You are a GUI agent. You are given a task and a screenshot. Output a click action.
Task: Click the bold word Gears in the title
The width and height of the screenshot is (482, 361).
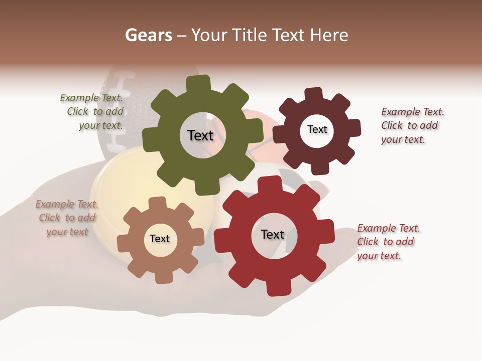click(x=149, y=35)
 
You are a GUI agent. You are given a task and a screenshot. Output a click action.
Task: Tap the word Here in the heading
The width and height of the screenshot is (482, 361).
click(x=329, y=35)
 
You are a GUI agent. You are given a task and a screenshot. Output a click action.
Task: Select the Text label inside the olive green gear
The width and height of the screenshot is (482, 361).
click(x=200, y=135)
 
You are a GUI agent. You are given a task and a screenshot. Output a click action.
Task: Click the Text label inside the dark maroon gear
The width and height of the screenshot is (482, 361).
click(x=317, y=129)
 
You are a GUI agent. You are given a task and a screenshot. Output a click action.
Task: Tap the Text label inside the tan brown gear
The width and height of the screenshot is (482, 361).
click(x=160, y=239)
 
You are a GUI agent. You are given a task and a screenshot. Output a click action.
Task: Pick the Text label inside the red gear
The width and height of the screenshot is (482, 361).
click(x=273, y=235)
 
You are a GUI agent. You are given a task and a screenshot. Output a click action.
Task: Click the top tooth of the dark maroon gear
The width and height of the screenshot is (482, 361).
click(x=313, y=94)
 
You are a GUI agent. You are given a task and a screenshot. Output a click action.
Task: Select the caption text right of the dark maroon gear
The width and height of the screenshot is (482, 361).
click(x=412, y=125)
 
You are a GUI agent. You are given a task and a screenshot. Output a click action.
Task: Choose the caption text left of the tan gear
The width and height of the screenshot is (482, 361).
click(x=67, y=218)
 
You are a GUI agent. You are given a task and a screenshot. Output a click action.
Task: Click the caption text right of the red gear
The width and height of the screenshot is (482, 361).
click(x=388, y=242)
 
